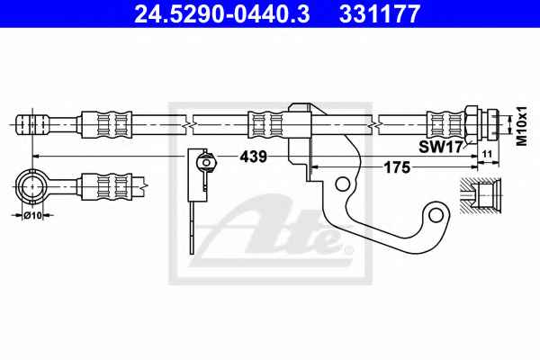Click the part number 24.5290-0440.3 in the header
pos(222,13)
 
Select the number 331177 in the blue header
pos(380,13)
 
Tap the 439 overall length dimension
pos(253,157)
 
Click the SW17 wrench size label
pos(440,147)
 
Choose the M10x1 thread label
pos(522,126)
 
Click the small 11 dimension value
pos(487,154)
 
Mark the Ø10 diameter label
pos(32,215)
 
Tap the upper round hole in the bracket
pos(342,184)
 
